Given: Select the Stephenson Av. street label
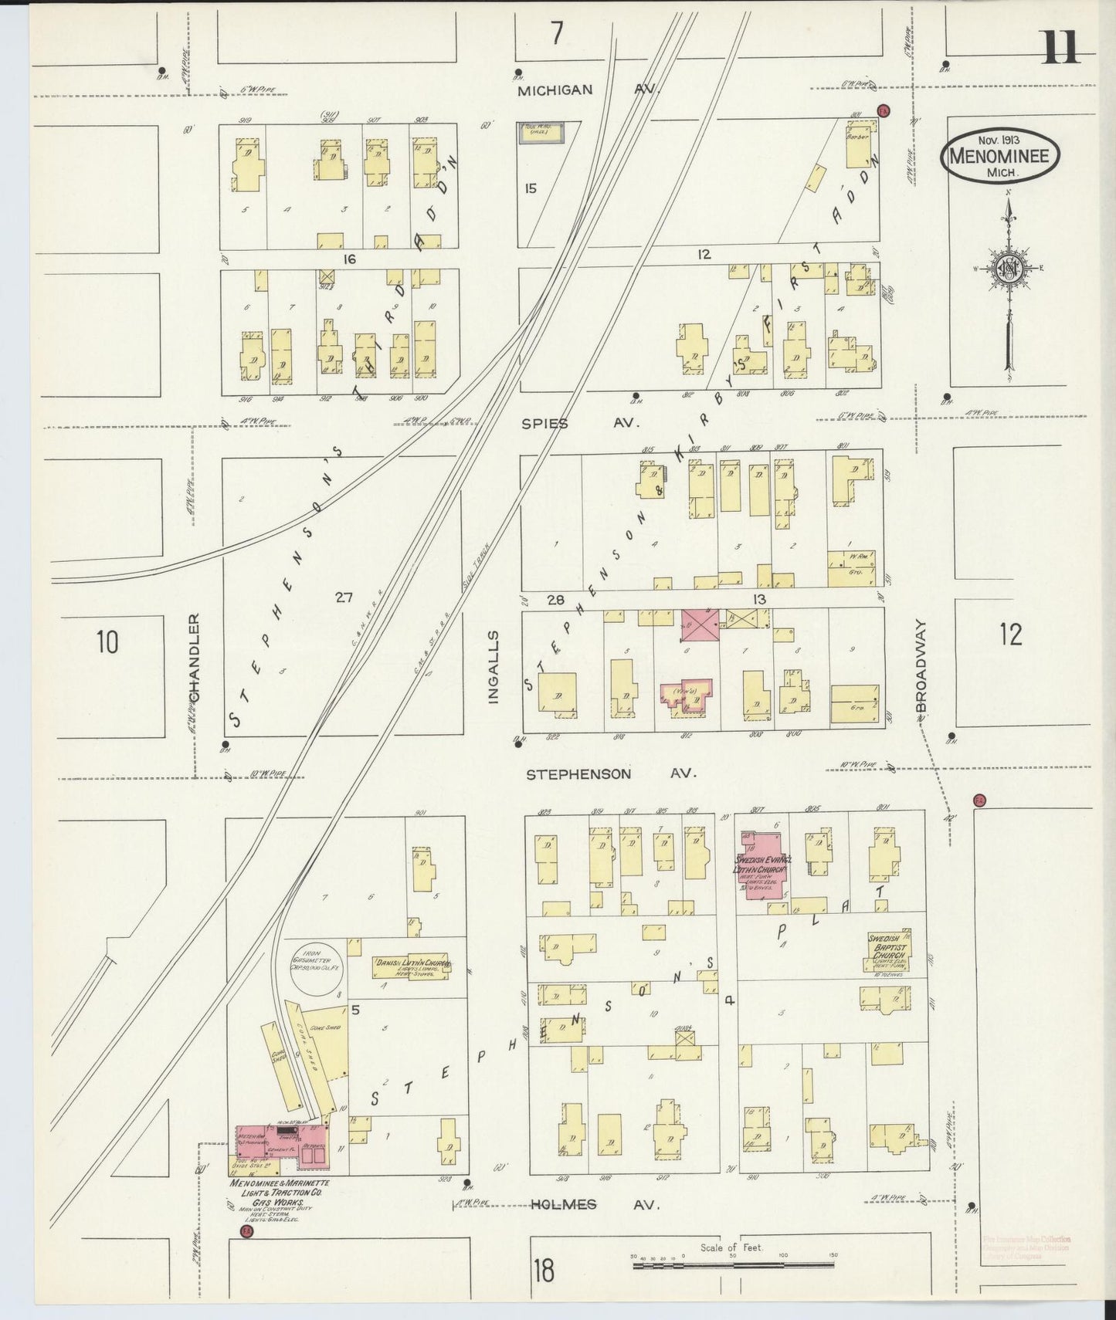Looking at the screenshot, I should [x=612, y=773].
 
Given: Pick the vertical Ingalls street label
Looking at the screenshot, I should [x=494, y=665].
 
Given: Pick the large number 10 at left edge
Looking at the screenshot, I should [x=107, y=641].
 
